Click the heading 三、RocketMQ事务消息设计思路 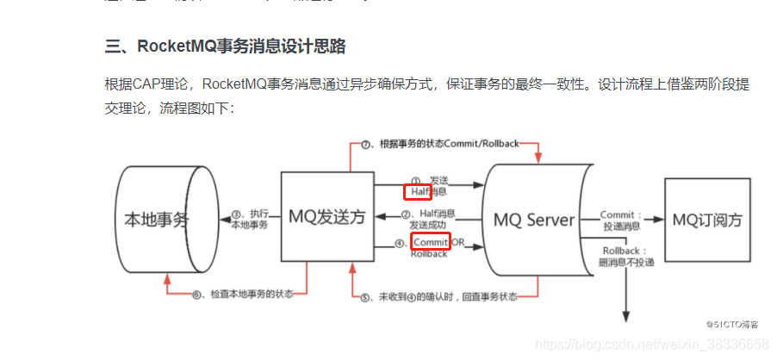coord(225,47)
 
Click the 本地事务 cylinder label coord(152,219)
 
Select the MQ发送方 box coord(327,219)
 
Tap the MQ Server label coord(533,220)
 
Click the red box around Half coord(418,191)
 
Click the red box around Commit coord(431,242)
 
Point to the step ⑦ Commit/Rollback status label coord(439,143)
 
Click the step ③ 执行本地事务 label coord(250,219)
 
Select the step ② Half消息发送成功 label coord(431,219)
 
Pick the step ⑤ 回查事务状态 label coord(439,296)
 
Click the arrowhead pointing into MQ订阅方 coord(661,220)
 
